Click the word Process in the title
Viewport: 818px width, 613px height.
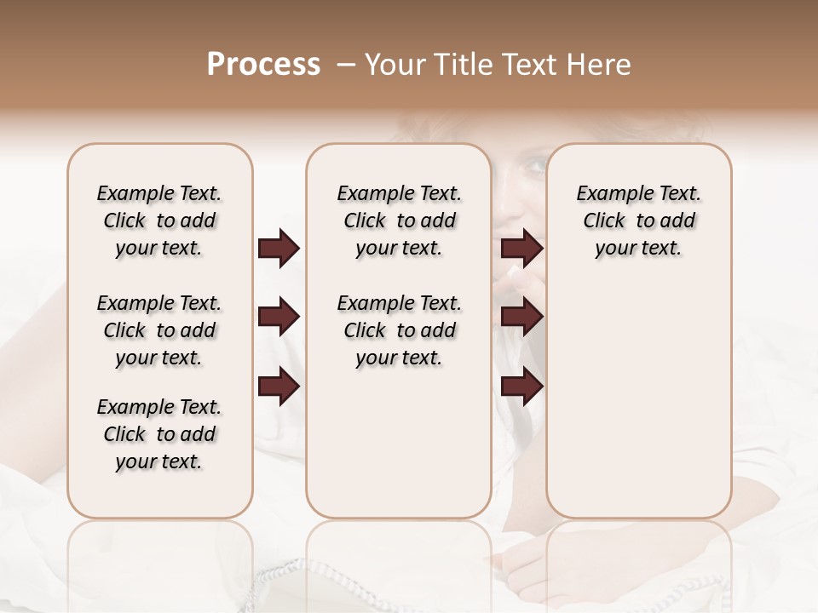[x=263, y=65]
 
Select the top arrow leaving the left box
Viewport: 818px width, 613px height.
[x=279, y=249]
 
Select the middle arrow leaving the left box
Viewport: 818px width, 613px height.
[x=279, y=318]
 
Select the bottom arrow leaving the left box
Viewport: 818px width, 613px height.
[x=279, y=387]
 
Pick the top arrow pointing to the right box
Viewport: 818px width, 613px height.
[x=521, y=249]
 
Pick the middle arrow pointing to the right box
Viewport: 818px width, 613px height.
[x=521, y=318]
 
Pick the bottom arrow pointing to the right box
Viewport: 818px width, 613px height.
[x=521, y=387]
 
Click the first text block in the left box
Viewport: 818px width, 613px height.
[x=159, y=221]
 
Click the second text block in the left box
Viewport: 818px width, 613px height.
[x=159, y=330]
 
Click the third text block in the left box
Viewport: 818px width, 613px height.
[x=159, y=434]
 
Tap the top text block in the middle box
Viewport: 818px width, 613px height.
[x=399, y=221]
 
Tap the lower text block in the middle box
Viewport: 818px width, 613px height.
[x=399, y=330]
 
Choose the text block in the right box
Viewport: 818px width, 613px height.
[x=638, y=221]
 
